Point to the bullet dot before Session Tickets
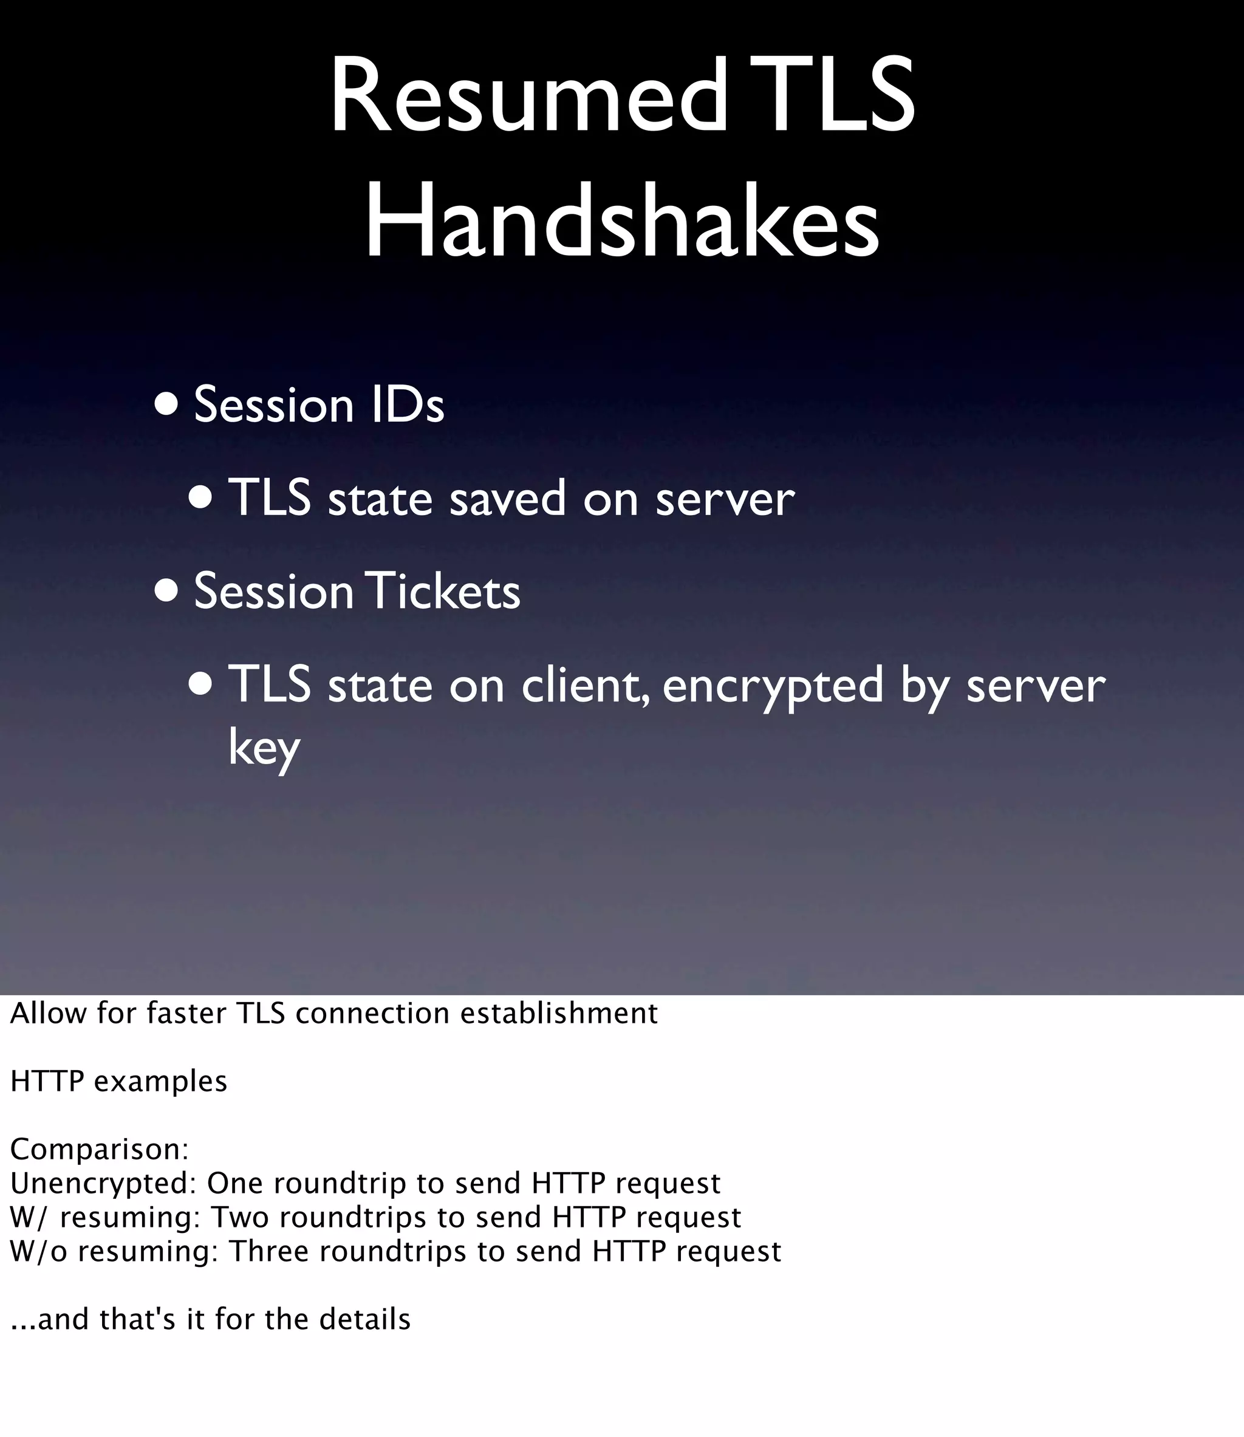166,590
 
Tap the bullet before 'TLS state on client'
200,684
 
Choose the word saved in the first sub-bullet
507,499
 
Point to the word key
264,748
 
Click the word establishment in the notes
559,1014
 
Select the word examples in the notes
160,1082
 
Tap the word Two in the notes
239,1217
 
